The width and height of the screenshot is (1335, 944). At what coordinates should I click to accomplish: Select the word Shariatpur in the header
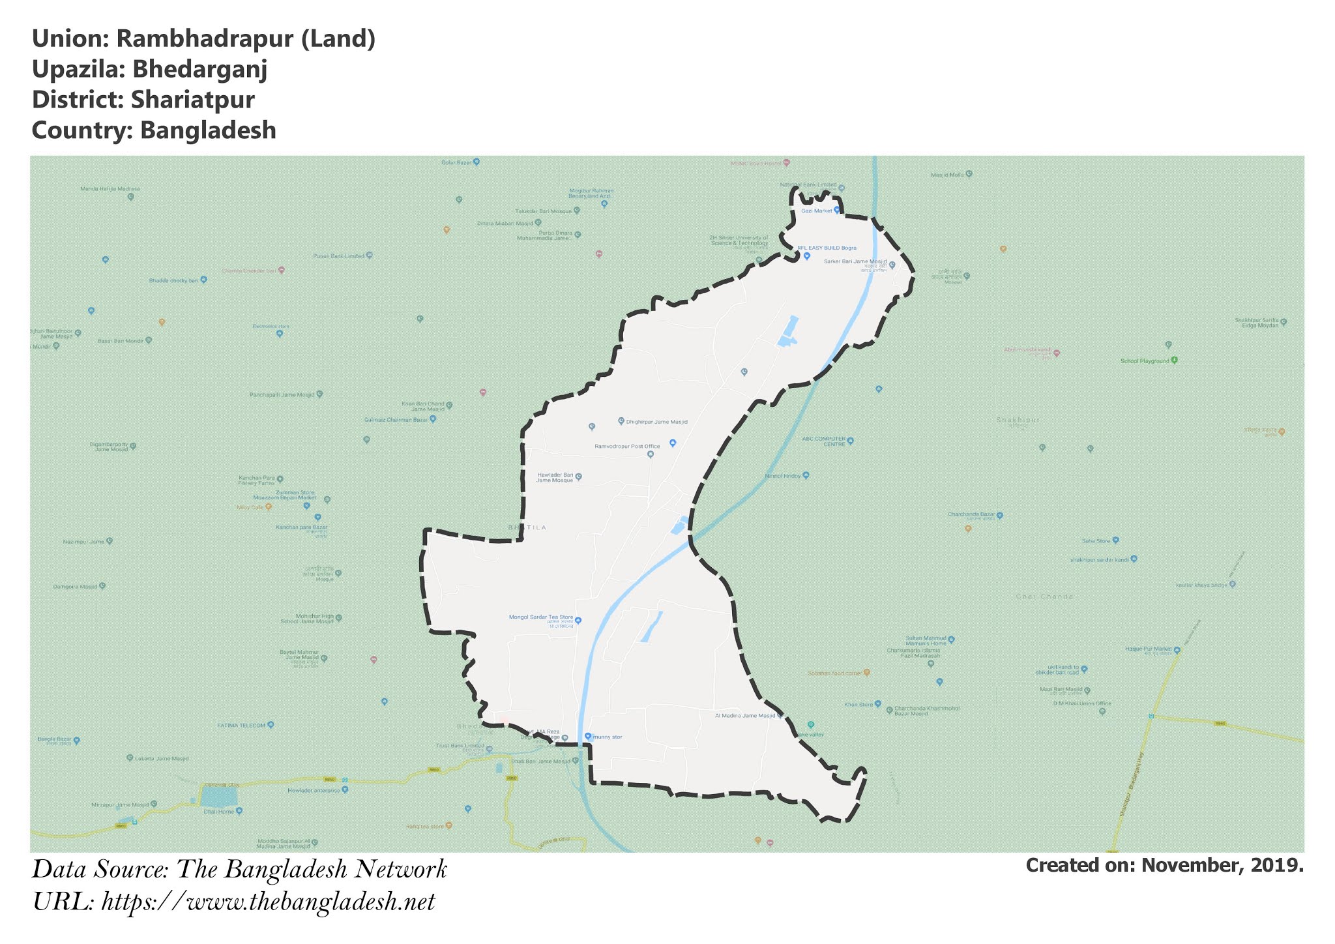192,100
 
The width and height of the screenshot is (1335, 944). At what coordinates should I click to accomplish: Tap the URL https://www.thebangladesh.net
268,902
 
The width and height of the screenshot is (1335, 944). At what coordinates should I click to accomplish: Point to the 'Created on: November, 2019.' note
1164,865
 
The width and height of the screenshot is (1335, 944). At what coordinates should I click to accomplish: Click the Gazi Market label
817,211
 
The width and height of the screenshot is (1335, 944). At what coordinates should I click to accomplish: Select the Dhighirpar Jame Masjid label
656,422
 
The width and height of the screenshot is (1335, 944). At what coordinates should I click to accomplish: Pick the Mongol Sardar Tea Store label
540,617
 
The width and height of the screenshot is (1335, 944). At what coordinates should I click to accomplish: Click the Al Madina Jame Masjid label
745,715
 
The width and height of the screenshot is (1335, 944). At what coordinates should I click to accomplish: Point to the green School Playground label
1145,361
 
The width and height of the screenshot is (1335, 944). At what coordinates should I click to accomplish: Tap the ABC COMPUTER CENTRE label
824,441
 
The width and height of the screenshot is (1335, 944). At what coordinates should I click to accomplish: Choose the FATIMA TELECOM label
242,725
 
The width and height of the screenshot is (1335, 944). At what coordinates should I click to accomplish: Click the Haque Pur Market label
1149,649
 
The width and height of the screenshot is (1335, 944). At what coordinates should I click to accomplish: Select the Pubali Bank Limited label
339,256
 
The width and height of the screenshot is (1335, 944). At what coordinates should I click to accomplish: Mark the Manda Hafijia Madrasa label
110,189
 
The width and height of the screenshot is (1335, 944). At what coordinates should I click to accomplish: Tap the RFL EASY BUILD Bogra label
827,248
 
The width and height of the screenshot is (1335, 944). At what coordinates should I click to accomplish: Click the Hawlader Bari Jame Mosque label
555,477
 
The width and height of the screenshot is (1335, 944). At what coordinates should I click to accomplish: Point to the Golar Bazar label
457,162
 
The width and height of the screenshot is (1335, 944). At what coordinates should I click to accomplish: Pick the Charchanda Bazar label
971,514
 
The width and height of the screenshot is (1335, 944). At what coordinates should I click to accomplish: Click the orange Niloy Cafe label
250,507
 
